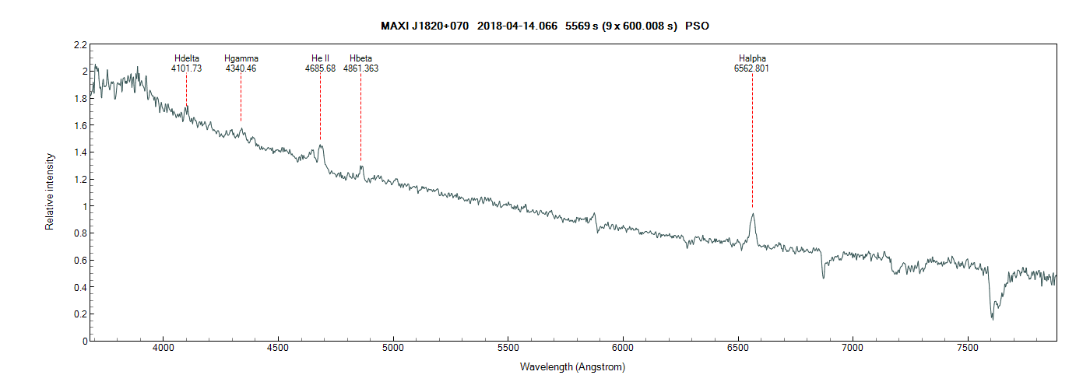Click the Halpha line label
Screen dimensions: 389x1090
(x=752, y=58)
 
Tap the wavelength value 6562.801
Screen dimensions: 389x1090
(x=752, y=68)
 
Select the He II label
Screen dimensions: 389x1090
(x=320, y=58)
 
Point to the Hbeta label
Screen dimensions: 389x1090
(x=360, y=58)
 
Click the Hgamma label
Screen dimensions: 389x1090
(x=241, y=58)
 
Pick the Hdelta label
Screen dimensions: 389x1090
(x=186, y=58)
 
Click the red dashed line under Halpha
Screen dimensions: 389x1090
(x=752, y=140)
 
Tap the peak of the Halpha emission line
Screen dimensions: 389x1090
(x=752, y=214)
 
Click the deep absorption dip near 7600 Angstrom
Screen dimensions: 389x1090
(x=992, y=317)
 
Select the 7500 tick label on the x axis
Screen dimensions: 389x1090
(x=968, y=350)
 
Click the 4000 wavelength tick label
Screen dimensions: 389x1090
(x=163, y=350)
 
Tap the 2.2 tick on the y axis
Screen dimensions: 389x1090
(x=81, y=44)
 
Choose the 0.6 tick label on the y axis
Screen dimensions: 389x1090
(x=81, y=261)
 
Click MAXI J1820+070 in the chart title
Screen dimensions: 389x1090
(x=424, y=26)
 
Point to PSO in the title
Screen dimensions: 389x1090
(x=697, y=26)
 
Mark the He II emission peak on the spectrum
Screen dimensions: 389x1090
(x=321, y=145)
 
